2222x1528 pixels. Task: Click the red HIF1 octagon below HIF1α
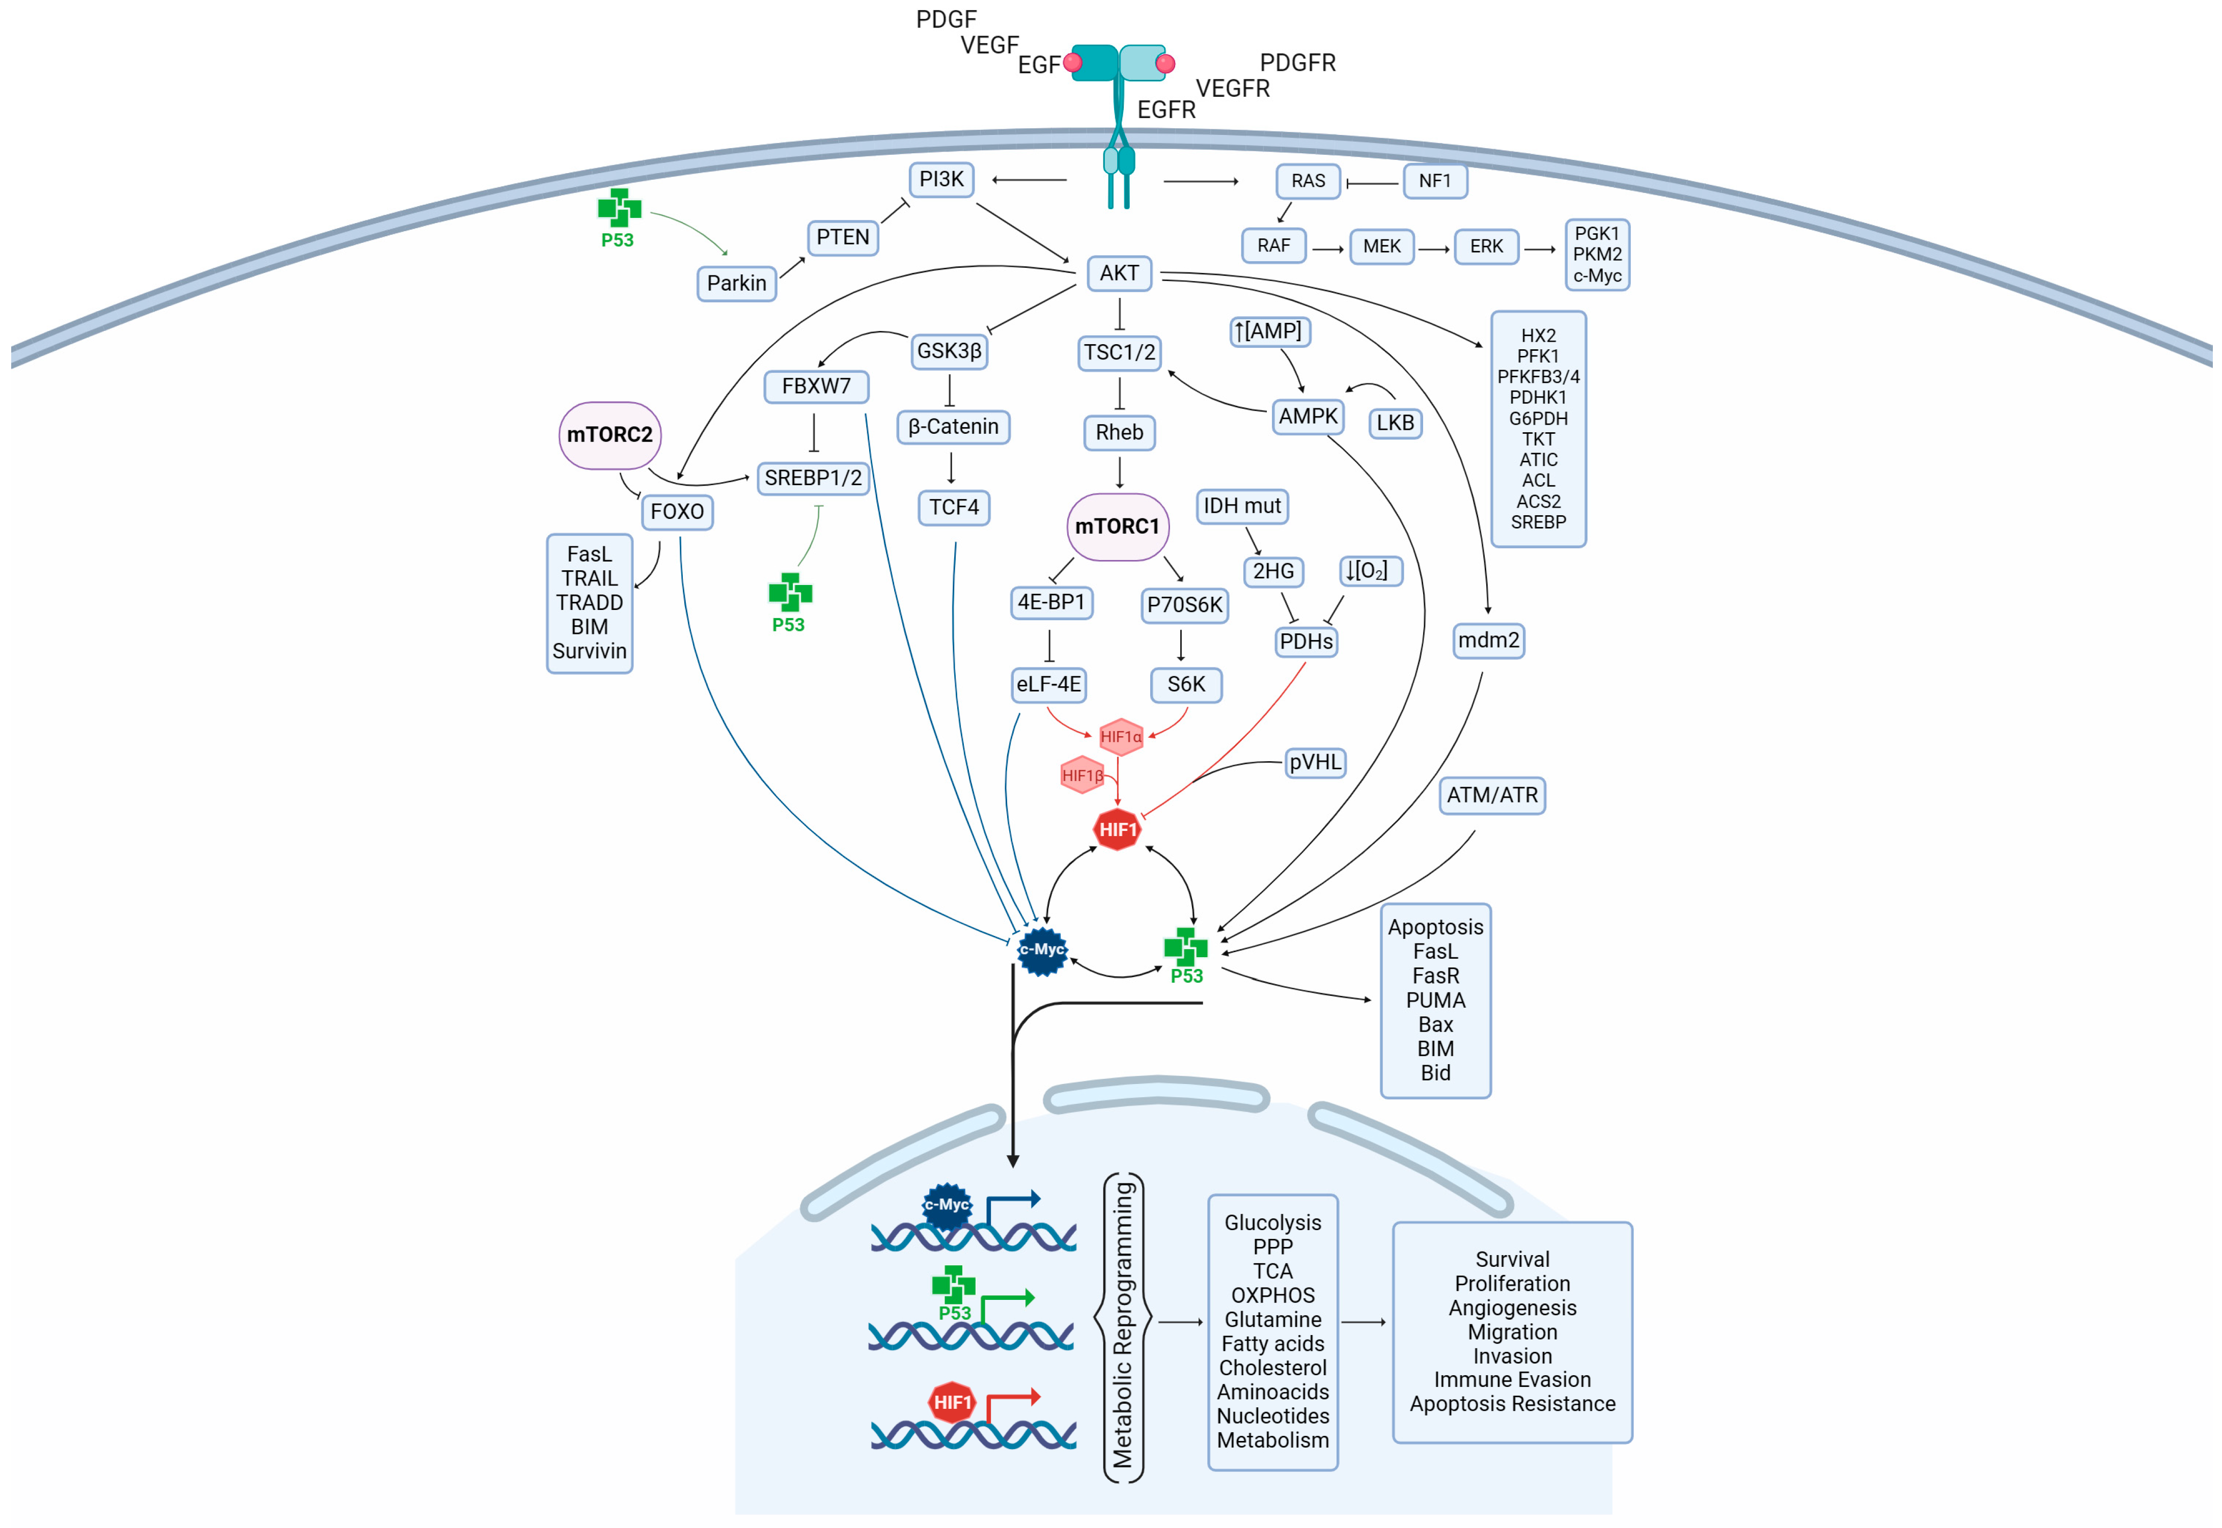click(1116, 829)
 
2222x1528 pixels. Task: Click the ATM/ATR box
click(1491, 795)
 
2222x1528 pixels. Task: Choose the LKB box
click(1394, 423)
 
